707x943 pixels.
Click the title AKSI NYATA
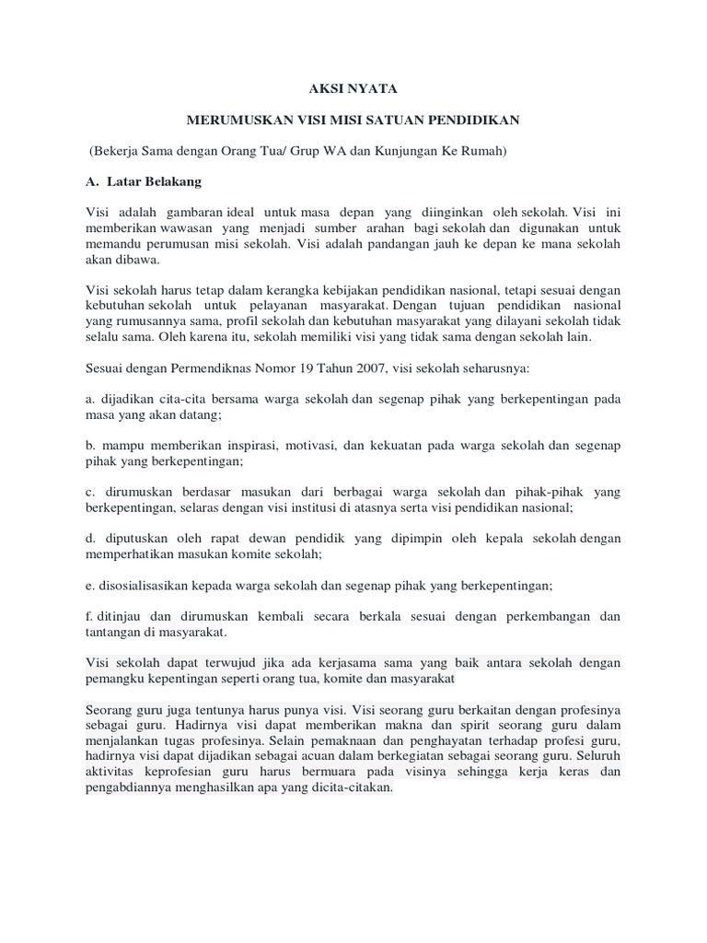[x=353, y=90]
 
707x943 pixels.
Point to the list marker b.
[x=88, y=445]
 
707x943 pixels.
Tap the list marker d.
[x=88, y=538]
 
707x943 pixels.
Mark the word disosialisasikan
[x=149, y=585]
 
